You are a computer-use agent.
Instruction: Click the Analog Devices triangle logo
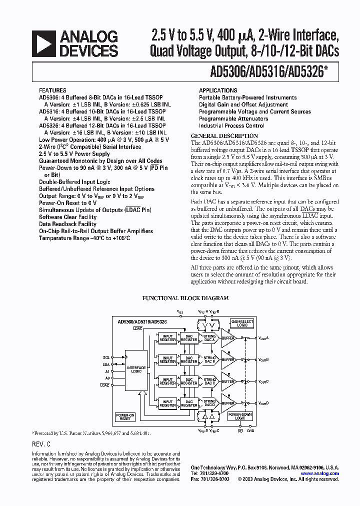[43, 43]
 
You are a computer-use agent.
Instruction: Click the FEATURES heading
[53, 90]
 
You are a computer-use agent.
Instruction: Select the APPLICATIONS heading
[218, 90]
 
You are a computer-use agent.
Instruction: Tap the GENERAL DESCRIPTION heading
[224, 136]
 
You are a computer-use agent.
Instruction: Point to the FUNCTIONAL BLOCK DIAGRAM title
[185, 298]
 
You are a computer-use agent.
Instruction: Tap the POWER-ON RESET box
[125, 416]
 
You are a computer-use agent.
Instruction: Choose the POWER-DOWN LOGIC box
[240, 416]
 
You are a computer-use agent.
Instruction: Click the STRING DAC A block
[210, 338]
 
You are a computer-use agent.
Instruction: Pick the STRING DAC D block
[210, 402]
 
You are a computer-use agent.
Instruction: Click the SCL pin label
[106, 357]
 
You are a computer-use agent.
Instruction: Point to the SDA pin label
[106, 364]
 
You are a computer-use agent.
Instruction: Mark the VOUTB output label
[263, 359]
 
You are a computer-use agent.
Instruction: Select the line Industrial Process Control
[231, 126]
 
